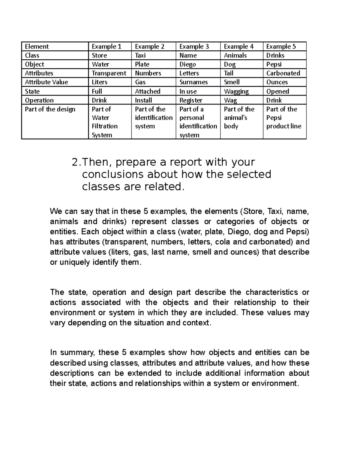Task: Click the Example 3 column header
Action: pos(194,47)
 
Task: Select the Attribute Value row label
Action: pos(46,82)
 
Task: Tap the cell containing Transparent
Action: pos(109,73)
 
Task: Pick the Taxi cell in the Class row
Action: pos(140,56)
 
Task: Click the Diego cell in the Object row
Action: pos(187,65)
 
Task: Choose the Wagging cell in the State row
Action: pos(236,92)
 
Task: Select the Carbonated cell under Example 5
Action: pos(283,73)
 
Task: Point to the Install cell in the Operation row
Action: pos(143,100)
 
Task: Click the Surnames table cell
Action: pos(193,82)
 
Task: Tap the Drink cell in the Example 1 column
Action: pos(99,100)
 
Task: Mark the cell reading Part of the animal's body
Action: pos(239,118)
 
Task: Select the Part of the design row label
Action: pos(50,109)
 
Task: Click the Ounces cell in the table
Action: pos(277,82)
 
